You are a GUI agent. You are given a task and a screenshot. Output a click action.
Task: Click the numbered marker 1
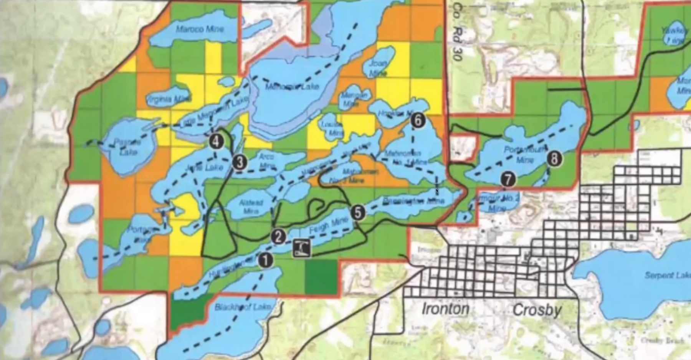coord(265,260)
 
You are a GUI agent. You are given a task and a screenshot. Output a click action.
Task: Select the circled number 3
coord(240,162)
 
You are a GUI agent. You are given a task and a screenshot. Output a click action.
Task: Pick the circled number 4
coord(216,142)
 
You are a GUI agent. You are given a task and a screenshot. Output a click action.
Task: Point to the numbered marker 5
coord(358,212)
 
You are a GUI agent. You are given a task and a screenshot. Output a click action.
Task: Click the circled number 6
coord(418,121)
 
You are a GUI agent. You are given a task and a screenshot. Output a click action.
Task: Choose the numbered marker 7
coord(508,179)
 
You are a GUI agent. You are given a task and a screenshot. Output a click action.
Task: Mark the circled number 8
coord(554,158)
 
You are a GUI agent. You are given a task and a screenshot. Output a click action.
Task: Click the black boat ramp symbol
coord(302,248)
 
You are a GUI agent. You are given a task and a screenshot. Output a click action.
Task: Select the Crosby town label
coord(537,310)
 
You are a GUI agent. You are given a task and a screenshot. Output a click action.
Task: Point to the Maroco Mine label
coord(200,29)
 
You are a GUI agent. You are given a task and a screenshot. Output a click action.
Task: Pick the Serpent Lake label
coord(667,275)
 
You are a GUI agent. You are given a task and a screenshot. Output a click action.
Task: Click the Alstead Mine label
coord(251,206)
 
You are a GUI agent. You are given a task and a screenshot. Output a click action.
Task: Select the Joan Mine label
coord(378,68)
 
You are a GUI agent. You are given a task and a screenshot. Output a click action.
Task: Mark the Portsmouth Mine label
coord(524,154)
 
